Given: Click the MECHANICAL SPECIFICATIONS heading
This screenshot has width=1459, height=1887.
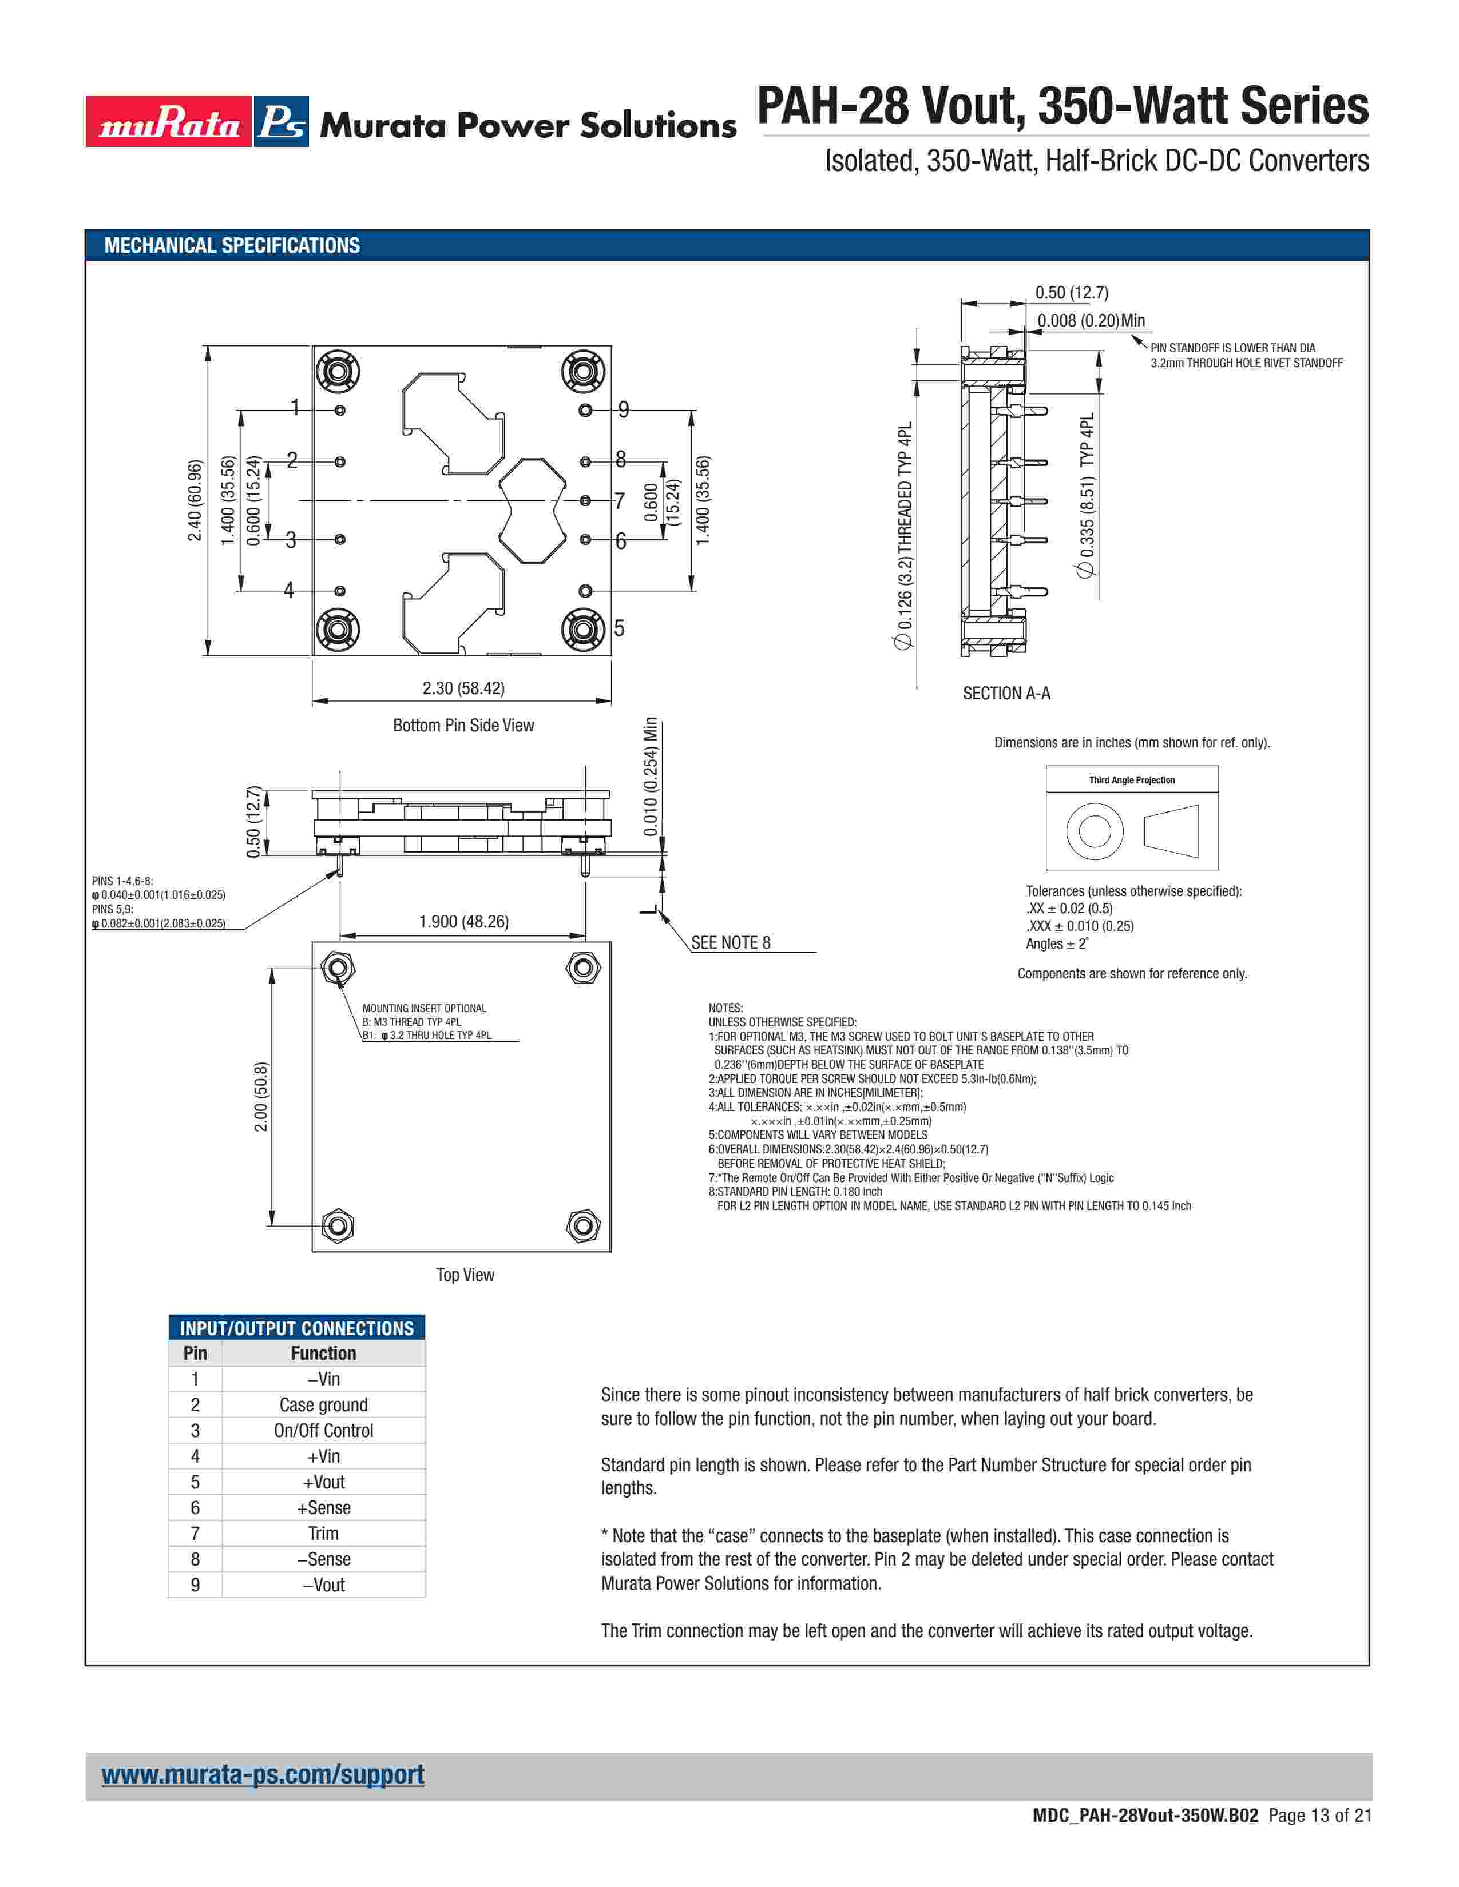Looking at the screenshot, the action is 232,245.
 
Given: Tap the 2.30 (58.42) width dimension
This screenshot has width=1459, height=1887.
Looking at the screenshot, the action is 463,688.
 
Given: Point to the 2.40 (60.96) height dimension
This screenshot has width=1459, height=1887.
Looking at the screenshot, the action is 195,501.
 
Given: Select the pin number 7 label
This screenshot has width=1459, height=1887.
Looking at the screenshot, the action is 619,501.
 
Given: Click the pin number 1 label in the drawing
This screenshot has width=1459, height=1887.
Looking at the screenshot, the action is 295,407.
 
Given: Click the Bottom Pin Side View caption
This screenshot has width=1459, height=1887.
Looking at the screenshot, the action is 463,725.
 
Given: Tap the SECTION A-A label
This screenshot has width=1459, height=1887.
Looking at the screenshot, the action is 1007,693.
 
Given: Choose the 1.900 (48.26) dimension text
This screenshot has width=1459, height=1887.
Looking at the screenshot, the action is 463,921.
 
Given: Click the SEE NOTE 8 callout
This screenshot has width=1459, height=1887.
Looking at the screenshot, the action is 731,942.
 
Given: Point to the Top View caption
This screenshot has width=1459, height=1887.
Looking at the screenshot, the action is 465,1275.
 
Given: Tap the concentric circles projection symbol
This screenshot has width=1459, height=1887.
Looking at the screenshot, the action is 1094,831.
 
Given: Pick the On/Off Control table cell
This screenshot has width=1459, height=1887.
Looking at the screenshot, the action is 323,1430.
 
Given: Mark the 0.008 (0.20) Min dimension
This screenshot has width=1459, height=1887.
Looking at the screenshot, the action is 1091,321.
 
